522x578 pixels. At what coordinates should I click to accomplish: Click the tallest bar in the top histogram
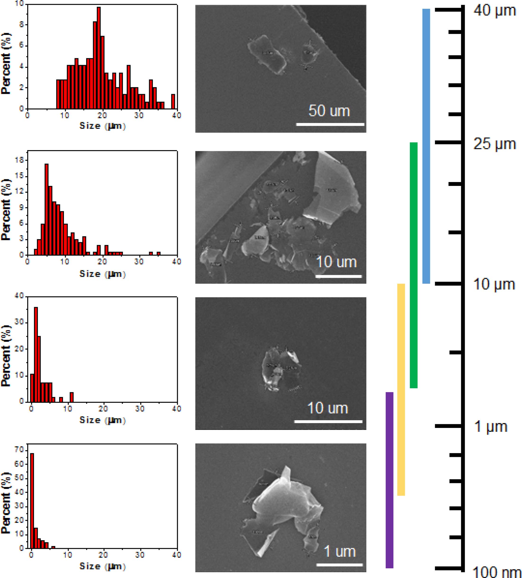(x=99, y=57)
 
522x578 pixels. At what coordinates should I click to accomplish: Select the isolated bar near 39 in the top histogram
(x=173, y=102)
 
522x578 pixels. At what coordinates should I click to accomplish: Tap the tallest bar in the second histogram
(x=46, y=209)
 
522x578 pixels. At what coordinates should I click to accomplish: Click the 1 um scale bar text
(x=339, y=551)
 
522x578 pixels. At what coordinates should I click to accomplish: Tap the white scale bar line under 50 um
(x=330, y=124)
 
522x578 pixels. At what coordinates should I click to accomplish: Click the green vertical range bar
(x=413, y=265)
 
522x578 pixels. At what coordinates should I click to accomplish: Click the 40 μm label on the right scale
(x=495, y=11)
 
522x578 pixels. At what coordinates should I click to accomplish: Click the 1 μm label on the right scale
(x=491, y=426)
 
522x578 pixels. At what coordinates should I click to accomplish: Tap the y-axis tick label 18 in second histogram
(x=19, y=160)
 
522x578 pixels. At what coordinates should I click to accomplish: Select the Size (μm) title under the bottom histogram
(x=102, y=566)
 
